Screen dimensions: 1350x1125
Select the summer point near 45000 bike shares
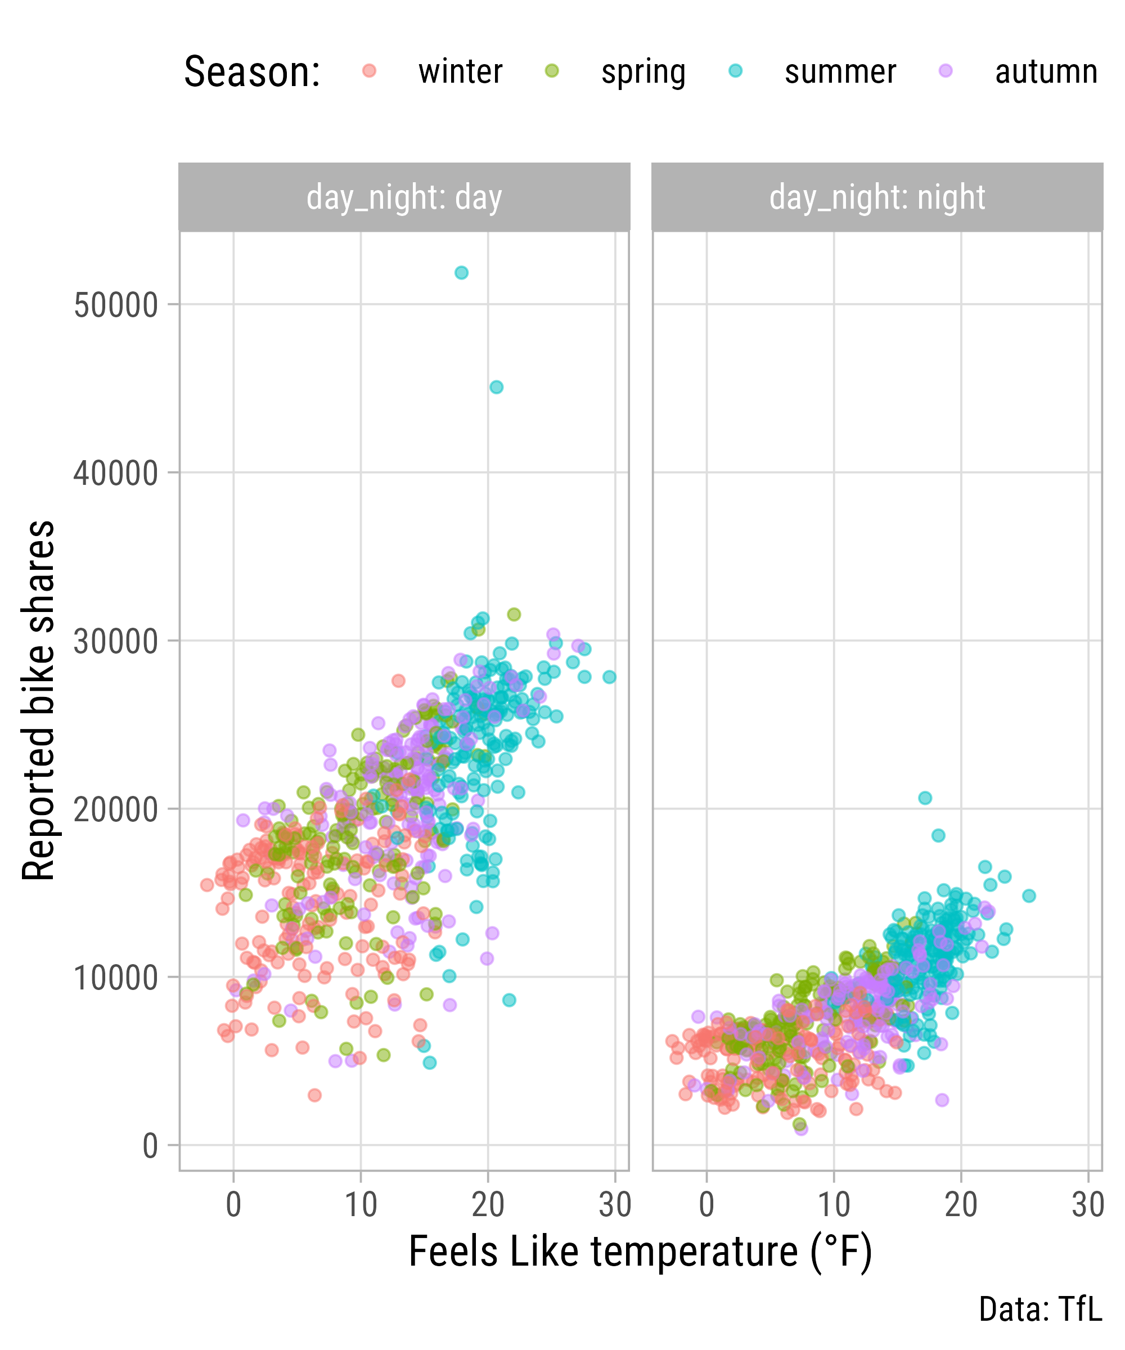point(496,387)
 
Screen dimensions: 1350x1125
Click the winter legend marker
point(369,71)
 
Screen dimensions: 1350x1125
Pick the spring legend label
point(643,72)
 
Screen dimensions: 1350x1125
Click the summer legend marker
point(735,71)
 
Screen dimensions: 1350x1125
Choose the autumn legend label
point(1046,72)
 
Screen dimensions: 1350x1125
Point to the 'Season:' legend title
point(252,72)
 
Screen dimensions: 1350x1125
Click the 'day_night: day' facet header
point(404,197)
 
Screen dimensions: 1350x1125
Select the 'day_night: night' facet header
point(877,197)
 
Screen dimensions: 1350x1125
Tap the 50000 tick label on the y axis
point(116,305)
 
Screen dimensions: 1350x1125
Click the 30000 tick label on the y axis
point(116,642)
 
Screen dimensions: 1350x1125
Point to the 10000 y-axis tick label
point(116,978)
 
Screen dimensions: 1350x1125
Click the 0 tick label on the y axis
point(150,1146)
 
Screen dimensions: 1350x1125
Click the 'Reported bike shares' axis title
point(39,701)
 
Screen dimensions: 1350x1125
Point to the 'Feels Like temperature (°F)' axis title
point(640,1252)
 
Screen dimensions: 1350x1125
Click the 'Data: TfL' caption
point(1040,1309)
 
